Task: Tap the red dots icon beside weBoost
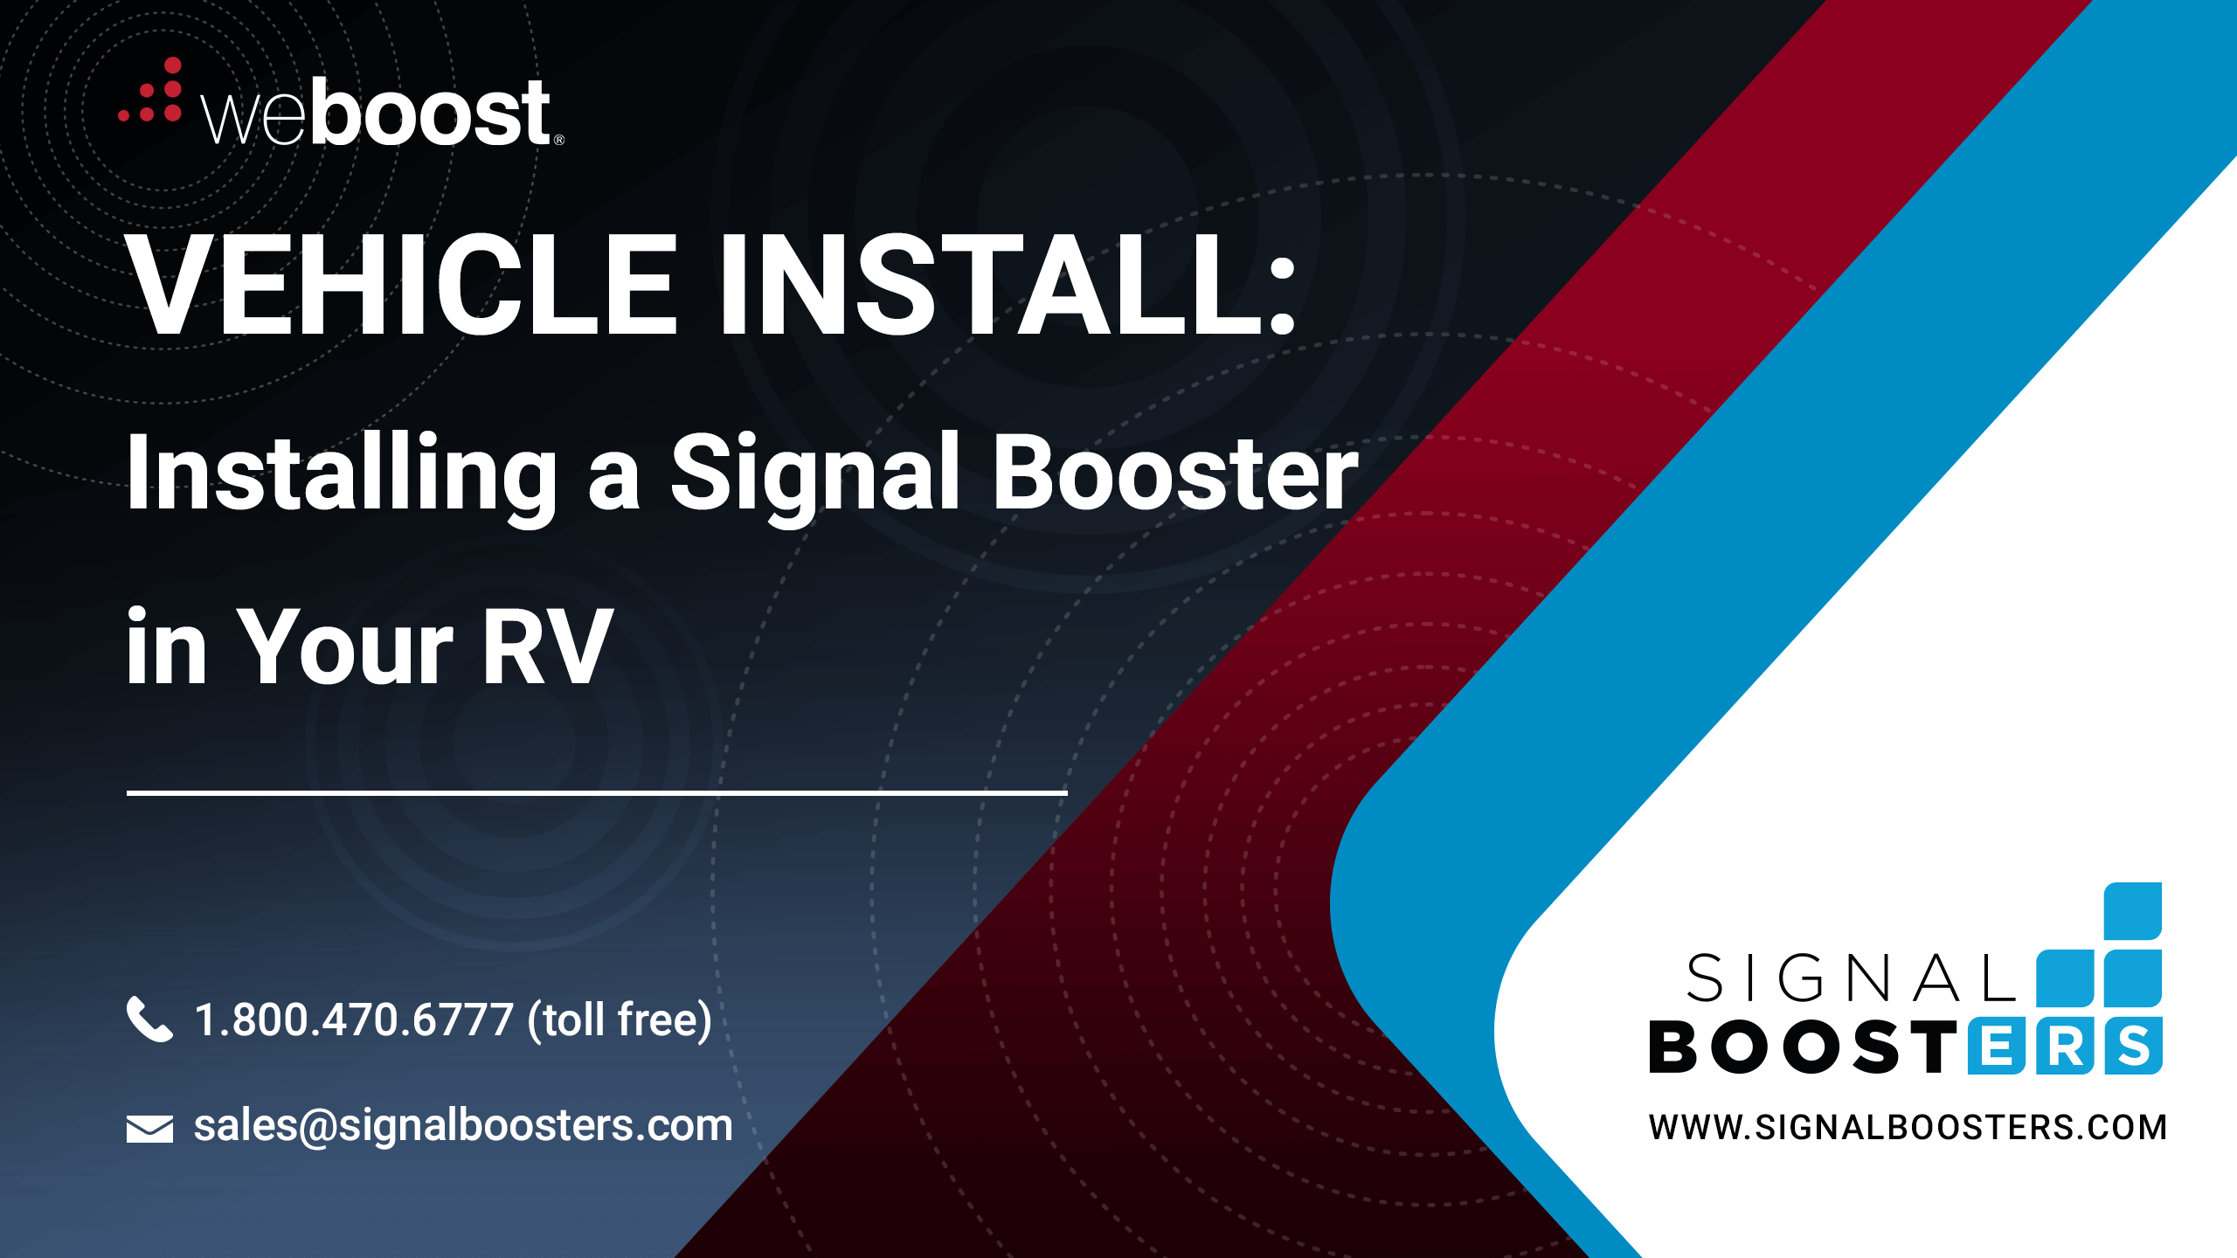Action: [150, 91]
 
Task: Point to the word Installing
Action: [342, 477]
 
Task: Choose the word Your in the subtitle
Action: [345, 647]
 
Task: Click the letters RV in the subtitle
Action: [547, 647]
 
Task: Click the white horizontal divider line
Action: [597, 792]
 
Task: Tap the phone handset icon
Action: [149, 1019]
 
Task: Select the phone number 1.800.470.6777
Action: [354, 1020]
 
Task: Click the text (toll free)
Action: [620, 1020]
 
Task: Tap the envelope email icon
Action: [149, 1129]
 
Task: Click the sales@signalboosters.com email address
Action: [463, 1125]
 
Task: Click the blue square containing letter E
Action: [1997, 1046]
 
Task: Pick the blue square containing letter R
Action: [2065, 1046]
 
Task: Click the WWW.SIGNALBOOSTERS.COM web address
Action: [1908, 1128]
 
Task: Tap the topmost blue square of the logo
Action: [2133, 911]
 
